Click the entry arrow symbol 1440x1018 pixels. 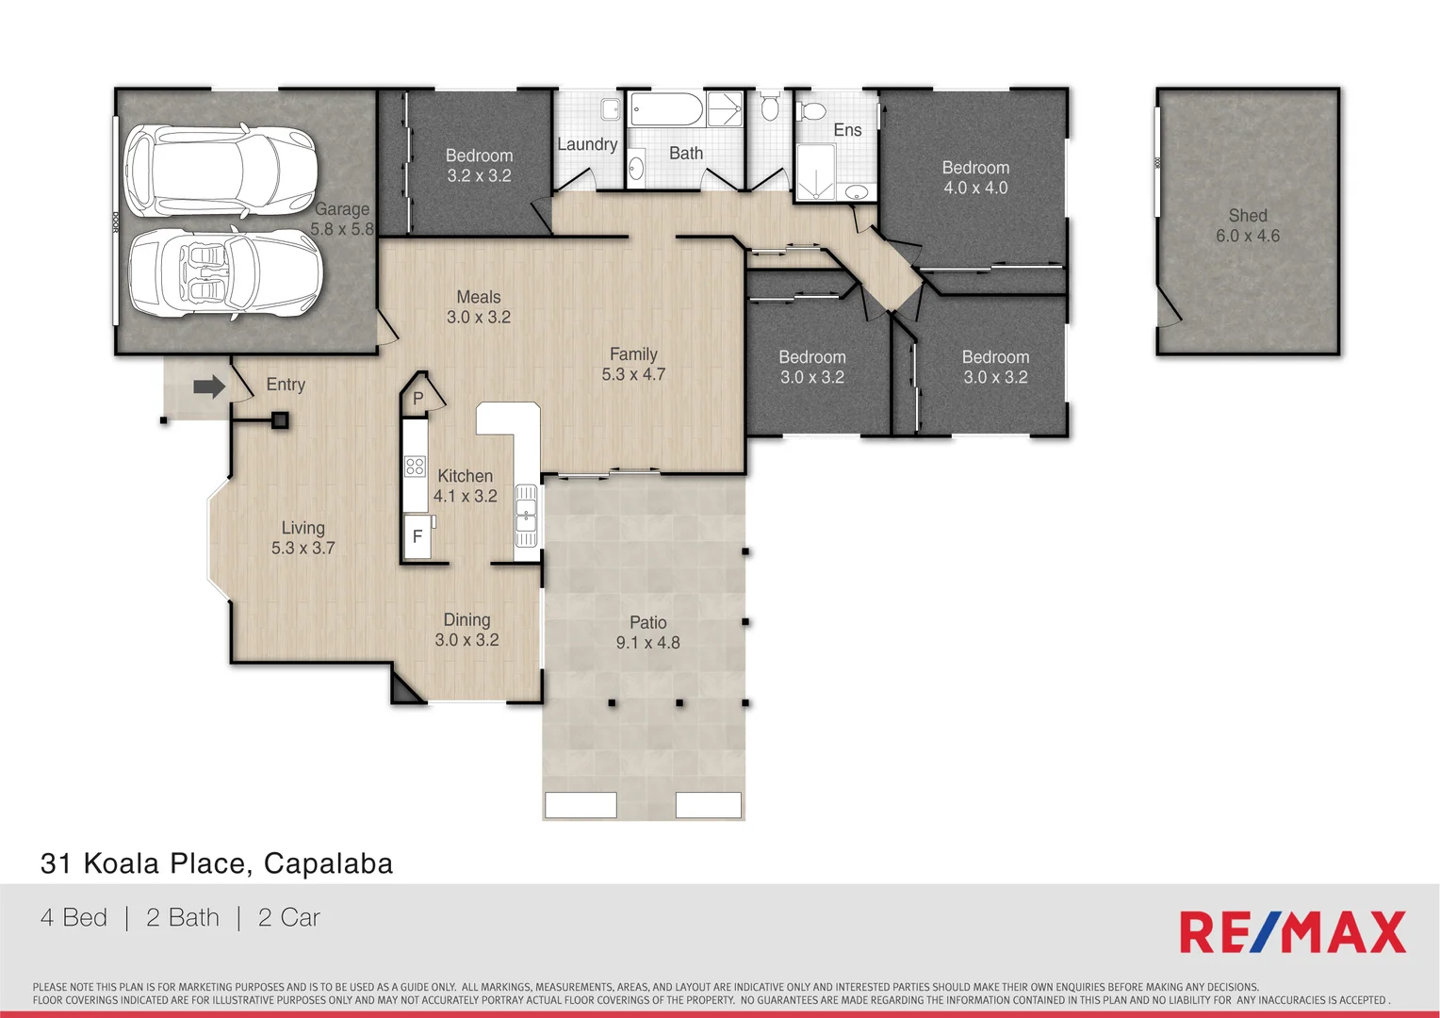click(209, 386)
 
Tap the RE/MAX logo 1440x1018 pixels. click(1292, 933)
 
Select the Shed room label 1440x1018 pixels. click(1247, 225)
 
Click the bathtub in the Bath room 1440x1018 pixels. click(666, 109)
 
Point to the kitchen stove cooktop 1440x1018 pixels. click(415, 466)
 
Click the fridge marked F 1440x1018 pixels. click(417, 536)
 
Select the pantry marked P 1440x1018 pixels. click(418, 398)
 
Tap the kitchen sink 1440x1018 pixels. click(526, 516)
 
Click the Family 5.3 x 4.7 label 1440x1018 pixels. click(633, 364)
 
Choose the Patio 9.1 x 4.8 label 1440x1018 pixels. click(647, 632)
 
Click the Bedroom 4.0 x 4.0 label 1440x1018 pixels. click(975, 177)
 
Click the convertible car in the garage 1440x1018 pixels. click(224, 271)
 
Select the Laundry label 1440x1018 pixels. click(587, 144)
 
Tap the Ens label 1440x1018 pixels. click(847, 130)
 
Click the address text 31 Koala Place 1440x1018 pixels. click(216, 863)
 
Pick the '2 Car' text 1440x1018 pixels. click(288, 917)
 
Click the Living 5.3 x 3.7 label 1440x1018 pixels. click(303, 537)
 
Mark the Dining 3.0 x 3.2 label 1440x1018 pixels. click(466, 630)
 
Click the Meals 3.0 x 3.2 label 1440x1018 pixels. click(479, 307)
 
